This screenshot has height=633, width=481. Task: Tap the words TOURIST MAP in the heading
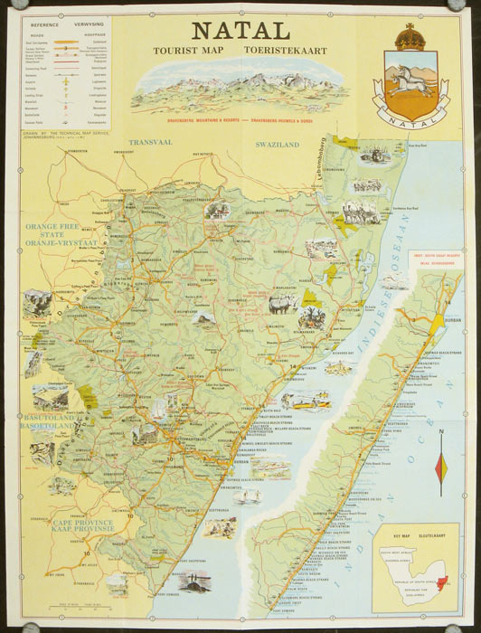184,52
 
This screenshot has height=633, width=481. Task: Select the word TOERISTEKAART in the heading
294,52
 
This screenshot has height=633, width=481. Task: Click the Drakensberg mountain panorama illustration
240,89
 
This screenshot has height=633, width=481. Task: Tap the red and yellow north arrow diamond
440,467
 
